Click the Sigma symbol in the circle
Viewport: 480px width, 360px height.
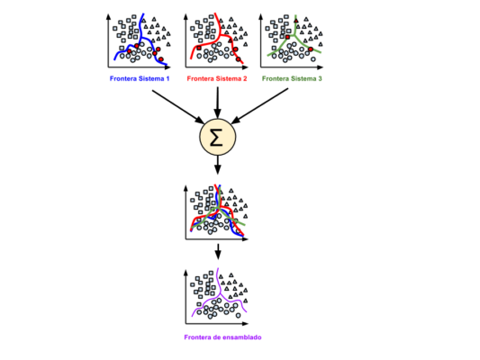(216, 138)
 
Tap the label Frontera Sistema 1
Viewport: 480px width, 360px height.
(140, 78)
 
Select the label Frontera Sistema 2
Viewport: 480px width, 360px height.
(217, 78)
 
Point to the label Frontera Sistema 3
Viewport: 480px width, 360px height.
(292, 78)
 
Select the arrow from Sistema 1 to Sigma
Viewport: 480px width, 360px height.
(178, 107)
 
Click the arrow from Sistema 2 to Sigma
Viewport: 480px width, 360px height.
(218, 103)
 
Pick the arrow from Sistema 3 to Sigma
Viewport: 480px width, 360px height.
(259, 106)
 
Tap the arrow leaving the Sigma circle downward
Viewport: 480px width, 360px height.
(218, 166)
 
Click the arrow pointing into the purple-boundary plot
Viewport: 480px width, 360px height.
(218, 251)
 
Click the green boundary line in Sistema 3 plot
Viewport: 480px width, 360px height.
(295, 36)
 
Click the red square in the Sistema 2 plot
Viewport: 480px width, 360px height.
(199, 48)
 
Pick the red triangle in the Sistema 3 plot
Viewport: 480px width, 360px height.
(296, 21)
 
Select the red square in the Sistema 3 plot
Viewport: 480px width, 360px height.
(287, 37)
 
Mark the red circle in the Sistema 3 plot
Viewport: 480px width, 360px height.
(311, 49)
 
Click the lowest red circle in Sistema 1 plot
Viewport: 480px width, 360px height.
(161, 59)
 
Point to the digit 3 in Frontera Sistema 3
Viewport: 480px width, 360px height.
(320, 78)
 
